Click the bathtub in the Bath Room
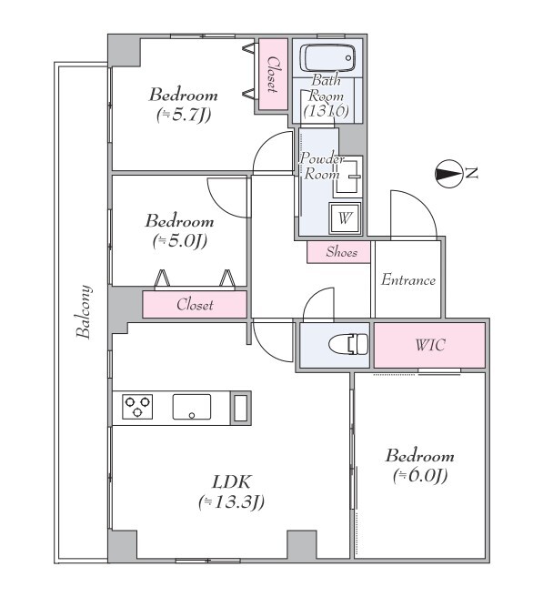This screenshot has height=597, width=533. pyautogui.click(x=327, y=58)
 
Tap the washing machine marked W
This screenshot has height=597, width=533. pyautogui.click(x=345, y=218)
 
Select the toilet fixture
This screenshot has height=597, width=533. pyautogui.click(x=348, y=344)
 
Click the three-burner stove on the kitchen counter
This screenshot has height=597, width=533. pyautogui.click(x=137, y=407)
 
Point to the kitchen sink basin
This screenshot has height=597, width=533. pyautogui.click(x=192, y=407)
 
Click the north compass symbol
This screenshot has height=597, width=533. pyautogui.click(x=448, y=174)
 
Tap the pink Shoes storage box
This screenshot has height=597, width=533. pyautogui.click(x=338, y=252)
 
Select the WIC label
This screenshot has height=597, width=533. pyautogui.click(x=430, y=345)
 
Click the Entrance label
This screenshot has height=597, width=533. pyautogui.click(x=408, y=280)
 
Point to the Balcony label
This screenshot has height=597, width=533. pyautogui.click(x=84, y=311)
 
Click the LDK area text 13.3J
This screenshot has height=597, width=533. pyautogui.click(x=231, y=502)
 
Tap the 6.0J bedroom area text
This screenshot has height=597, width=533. pyautogui.click(x=420, y=476)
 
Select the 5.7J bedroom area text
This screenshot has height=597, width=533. pyautogui.click(x=184, y=115)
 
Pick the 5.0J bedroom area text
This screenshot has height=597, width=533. pyautogui.click(x=179, y=241)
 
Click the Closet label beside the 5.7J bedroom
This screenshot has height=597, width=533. pyautogui.click(x=272, y=75)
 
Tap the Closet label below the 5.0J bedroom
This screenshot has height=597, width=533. pyautogui.click(x=195, y=305)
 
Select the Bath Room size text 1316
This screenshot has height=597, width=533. pyautogui.click(x=326, y=111)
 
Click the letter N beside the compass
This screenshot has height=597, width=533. pyautogui.click(x=472, y=173)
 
